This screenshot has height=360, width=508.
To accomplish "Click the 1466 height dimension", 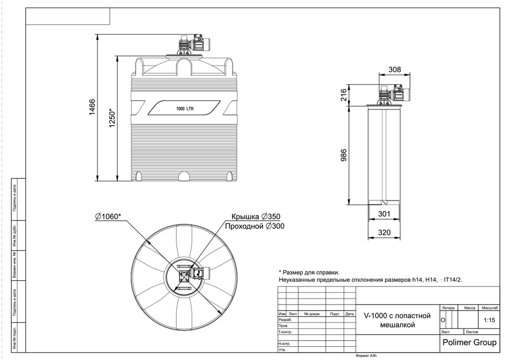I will click(x=92, y=107).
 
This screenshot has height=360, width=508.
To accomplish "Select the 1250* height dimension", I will click(x=113, y=118).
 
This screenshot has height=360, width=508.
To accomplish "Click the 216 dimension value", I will click(x=343, y=96).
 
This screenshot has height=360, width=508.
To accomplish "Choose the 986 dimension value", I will click(x=343, y=156).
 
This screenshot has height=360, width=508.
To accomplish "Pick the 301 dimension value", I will click(x=385, y=214).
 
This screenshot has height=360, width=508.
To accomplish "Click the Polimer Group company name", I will click(x=469, y=342).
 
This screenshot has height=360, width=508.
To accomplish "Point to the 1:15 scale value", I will click(x=489, y=320).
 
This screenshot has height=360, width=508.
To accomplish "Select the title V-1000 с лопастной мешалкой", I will click(x=397, y=320).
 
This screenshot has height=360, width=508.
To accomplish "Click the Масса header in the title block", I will click(x=469, y=308).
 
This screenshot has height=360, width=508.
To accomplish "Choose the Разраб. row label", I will click(x=285, y=320).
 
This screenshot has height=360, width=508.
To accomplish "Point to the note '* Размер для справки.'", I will click(x=309, y=272).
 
